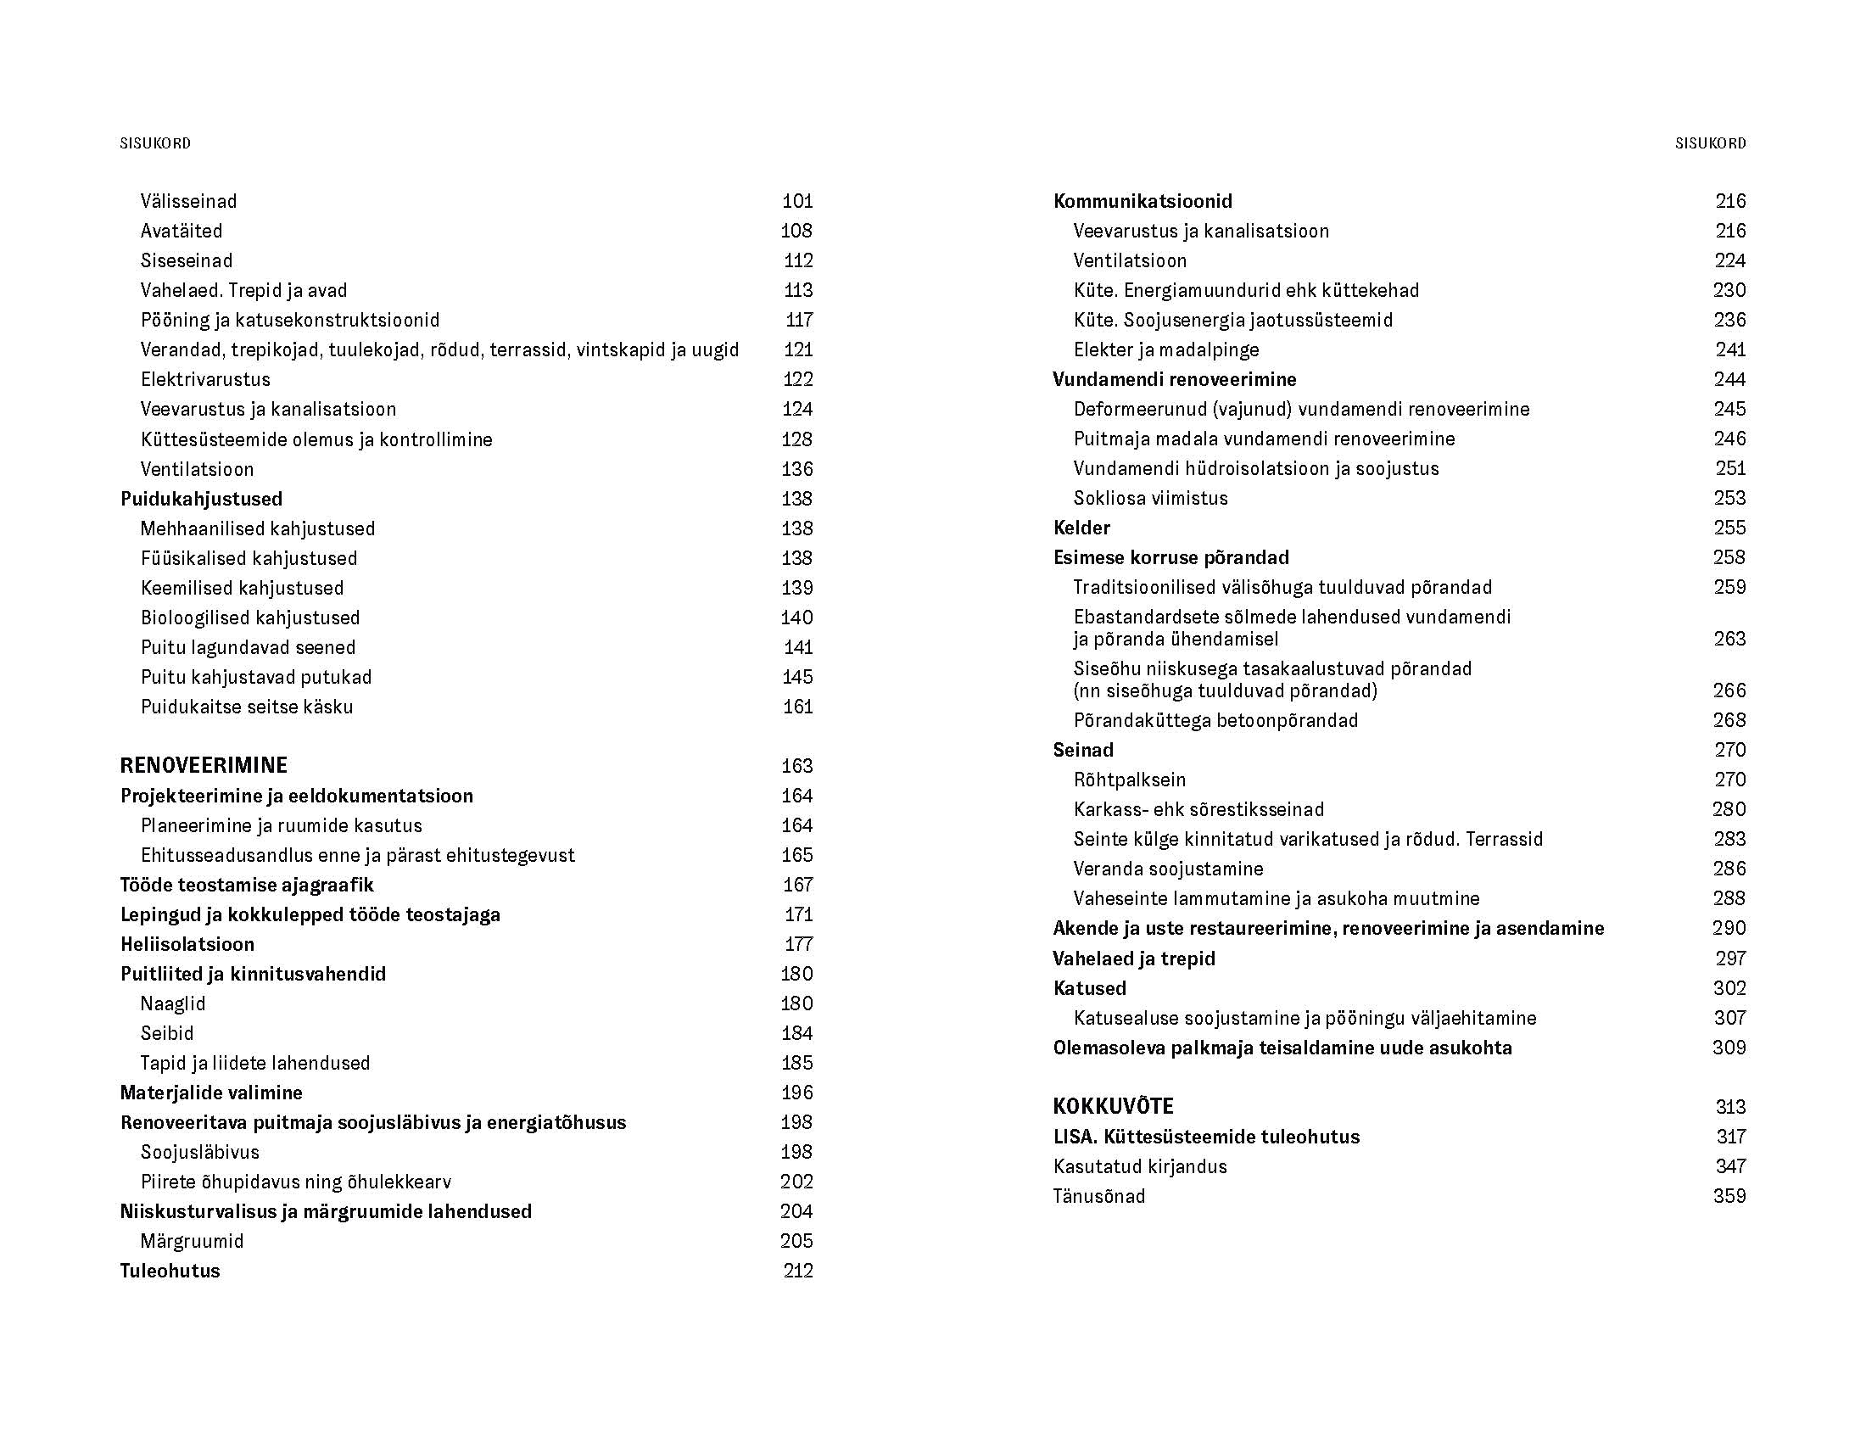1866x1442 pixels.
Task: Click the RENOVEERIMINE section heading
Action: (204, 764)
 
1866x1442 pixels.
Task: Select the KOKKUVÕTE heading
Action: (1113, 1106)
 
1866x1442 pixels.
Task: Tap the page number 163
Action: (796, 765)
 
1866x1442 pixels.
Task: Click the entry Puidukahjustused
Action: (201, 498)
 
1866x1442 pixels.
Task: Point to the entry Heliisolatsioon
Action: (187, 944)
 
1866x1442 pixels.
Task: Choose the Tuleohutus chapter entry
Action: (169, 1271)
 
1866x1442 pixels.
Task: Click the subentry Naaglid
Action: (172, 1003)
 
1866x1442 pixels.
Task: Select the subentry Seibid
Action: (166, 1033)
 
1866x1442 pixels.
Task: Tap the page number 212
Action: (797, 1271)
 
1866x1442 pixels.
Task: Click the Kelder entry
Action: (1081, 527)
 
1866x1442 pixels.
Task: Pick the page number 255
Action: (1729, 527)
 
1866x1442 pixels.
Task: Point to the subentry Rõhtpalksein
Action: (1130, 779)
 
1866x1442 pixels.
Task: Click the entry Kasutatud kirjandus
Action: (1140, 1166)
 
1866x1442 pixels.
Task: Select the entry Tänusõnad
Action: (1098, 1196)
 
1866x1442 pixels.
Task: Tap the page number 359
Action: (1729, 1196)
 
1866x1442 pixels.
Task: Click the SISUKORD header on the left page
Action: (155, 143)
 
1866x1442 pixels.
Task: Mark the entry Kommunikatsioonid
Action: (1143, 201)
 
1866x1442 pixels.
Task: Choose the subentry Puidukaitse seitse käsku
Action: (246, 707)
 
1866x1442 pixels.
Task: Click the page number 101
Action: (797, 201)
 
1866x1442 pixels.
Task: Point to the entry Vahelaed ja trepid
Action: (1134, 959)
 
